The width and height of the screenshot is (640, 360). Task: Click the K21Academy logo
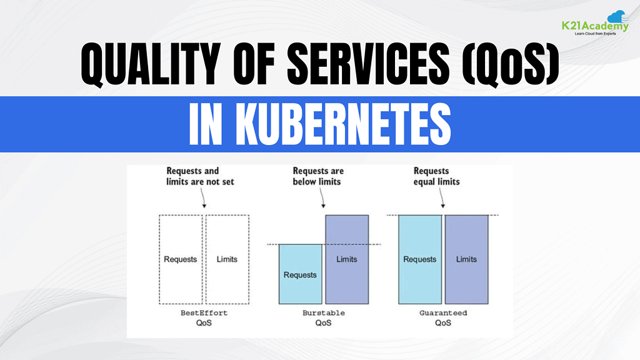point(595,23)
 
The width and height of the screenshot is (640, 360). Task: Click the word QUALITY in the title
point(151,64)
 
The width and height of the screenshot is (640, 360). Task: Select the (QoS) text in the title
point(510,64)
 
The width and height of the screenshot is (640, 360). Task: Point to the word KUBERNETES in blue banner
point(343,124)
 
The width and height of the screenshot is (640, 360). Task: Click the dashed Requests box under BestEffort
point(181,259)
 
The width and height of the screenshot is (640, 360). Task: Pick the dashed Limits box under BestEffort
point(227,259)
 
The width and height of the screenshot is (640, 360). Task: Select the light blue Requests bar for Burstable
point(301,274)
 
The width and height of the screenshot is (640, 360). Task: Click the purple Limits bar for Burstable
point(347,259)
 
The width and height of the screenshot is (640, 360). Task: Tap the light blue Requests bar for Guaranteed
point(420,259)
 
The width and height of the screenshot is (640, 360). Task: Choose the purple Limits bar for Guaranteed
point(466,259)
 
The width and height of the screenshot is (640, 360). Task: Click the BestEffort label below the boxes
point(204,313)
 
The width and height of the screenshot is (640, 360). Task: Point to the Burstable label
point(324,313)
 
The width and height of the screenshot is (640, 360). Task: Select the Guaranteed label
point(443,313)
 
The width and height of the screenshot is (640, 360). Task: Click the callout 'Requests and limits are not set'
point(200,176)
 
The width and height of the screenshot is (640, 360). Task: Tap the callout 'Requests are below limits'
point(318,176)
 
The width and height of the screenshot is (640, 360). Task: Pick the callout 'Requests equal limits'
point(436,176)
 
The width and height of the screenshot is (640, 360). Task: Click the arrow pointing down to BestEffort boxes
point(203,198)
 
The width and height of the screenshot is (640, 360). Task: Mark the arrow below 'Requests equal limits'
point(442,198)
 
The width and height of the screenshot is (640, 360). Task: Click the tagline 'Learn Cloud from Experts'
point(595,34)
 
